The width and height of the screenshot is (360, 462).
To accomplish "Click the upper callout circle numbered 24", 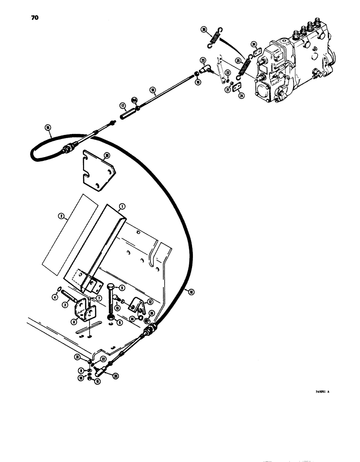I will coord(254,45).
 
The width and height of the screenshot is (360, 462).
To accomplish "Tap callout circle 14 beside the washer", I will coord(132,318).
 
